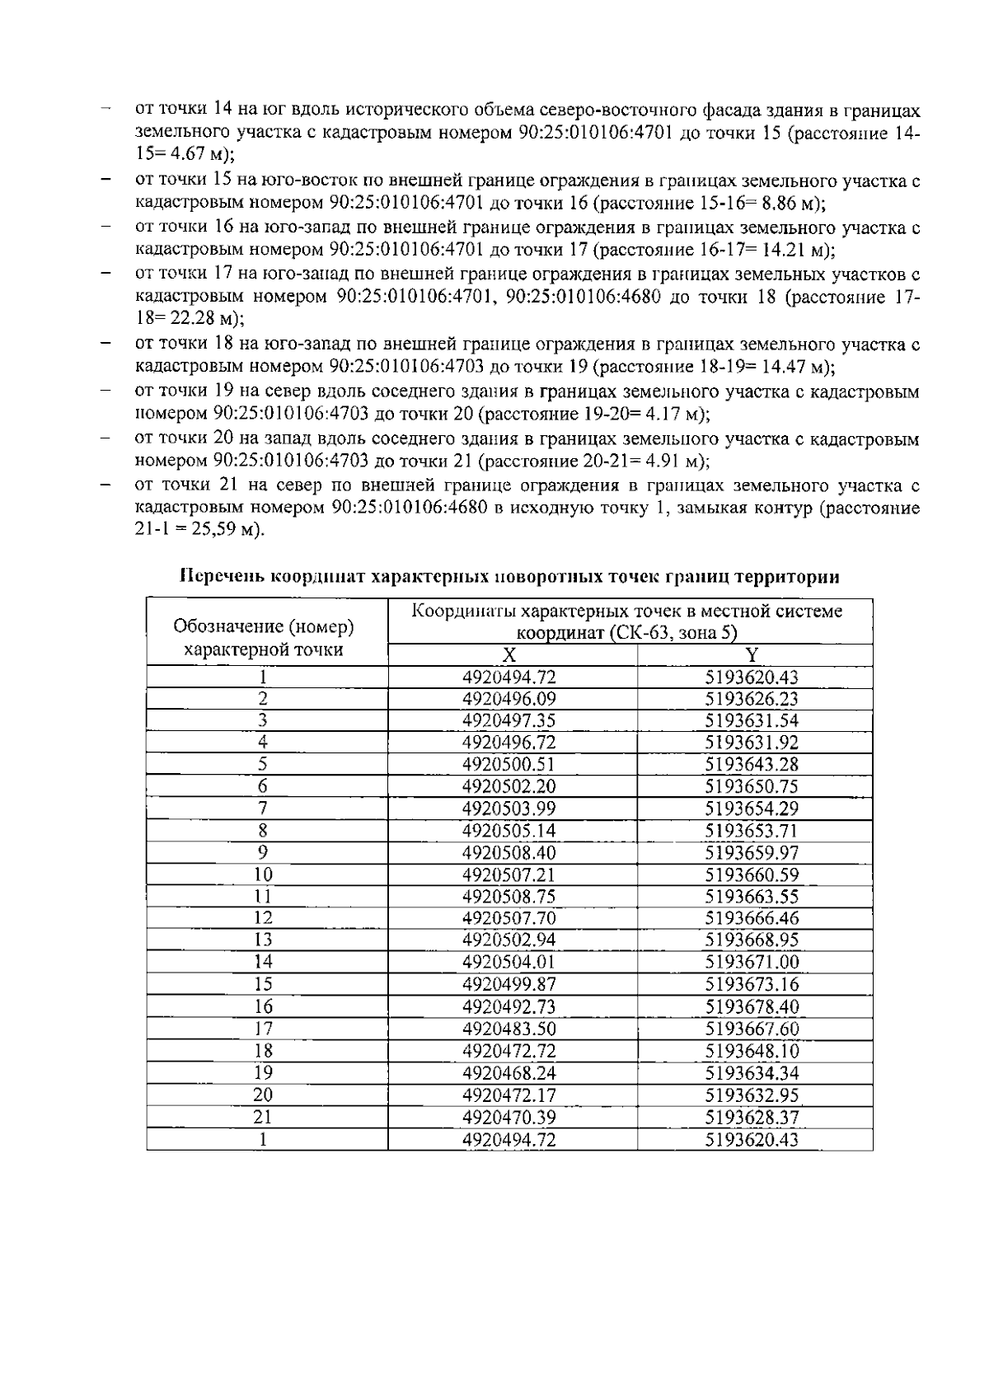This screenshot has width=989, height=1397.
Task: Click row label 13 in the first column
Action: (263, 940)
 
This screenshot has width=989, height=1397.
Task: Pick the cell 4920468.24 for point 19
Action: (509, 1073)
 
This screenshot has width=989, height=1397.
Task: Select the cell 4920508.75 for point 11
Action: (509, 897)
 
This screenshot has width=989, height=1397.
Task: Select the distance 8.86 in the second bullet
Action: (780, 203)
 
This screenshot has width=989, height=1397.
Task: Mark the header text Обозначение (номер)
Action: (264, 627)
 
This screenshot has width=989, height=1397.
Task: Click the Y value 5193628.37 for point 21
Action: (752, 1118)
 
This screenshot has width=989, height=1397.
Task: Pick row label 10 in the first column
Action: (263, 874)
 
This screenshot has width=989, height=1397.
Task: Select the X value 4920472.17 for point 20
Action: (509, 1095)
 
